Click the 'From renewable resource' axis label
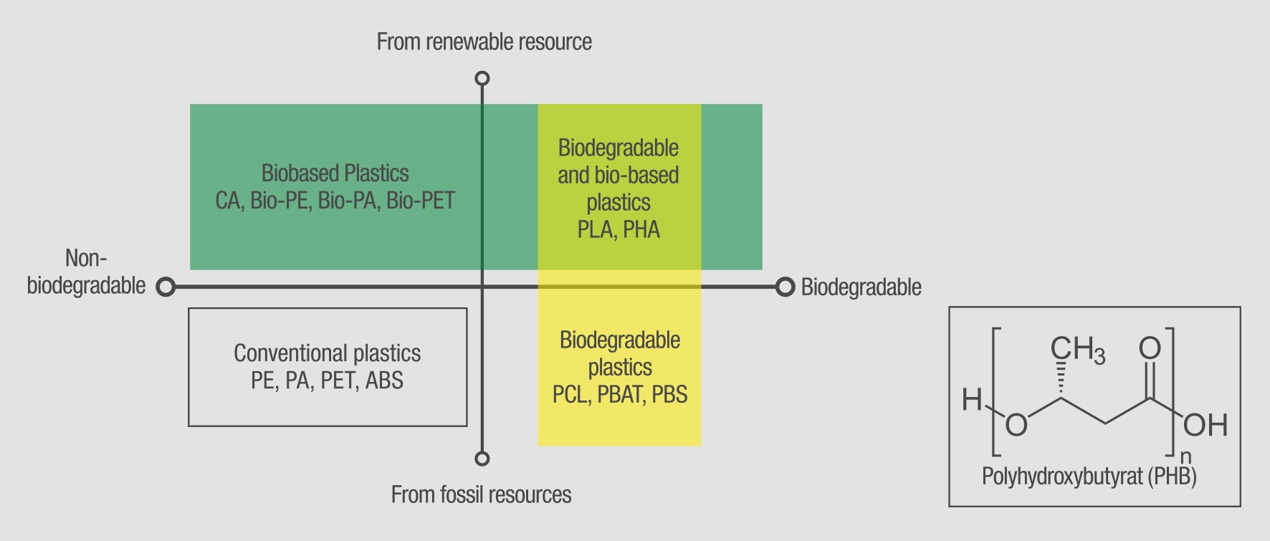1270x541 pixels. tap(484, 42)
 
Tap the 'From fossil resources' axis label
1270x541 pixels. tap(481, 494)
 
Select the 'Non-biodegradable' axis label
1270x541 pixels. tap(86, 272)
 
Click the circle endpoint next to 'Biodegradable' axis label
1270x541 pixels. tap(785, 287)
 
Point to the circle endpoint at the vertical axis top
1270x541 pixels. tap(482, 78)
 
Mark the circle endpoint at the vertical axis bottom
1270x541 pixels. tap(482, 459)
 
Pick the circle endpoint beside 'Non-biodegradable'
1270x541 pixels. tap(166, 287)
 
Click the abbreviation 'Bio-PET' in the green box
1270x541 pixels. tap(421, 201)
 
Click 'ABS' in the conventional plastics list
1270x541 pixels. tap(384, 380)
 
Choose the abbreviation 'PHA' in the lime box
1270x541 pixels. tap(641, 230)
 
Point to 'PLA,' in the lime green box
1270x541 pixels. tap(596, 230)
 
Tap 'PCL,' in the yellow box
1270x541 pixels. tap(571, 394)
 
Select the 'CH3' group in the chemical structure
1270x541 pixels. tap(1076, 350)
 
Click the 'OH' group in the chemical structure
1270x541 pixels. tap(1205, 426)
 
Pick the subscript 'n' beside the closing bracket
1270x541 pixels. tap(1185, 456)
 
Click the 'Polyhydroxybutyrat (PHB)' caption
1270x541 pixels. tap(1089, 477)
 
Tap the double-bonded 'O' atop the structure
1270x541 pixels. tap(1150, 349)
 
